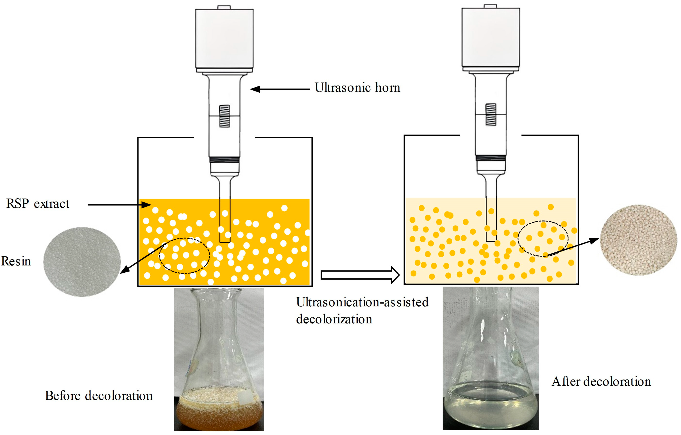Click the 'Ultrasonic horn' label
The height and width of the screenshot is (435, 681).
point(357,88)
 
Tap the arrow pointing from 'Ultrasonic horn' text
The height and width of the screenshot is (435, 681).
point(280,89)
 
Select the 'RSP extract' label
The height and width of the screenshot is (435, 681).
point(38,204)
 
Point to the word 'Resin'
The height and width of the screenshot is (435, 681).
point(16,261)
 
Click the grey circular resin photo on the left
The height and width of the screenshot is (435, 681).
point(82,262)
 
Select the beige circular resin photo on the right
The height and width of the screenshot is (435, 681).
point(638,240)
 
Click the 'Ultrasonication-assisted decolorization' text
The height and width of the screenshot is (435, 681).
point(362,311)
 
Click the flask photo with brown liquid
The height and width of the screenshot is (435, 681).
point(219,359)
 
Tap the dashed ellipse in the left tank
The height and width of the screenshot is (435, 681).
point(184,255)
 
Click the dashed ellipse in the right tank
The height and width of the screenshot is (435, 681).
point(543,239)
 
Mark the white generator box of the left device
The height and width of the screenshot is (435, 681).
point(224,38)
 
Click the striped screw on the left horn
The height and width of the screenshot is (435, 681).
point(224,116)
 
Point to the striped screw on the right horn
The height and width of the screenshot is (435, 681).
point(491,115)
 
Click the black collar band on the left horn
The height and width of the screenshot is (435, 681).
point(224,160)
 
